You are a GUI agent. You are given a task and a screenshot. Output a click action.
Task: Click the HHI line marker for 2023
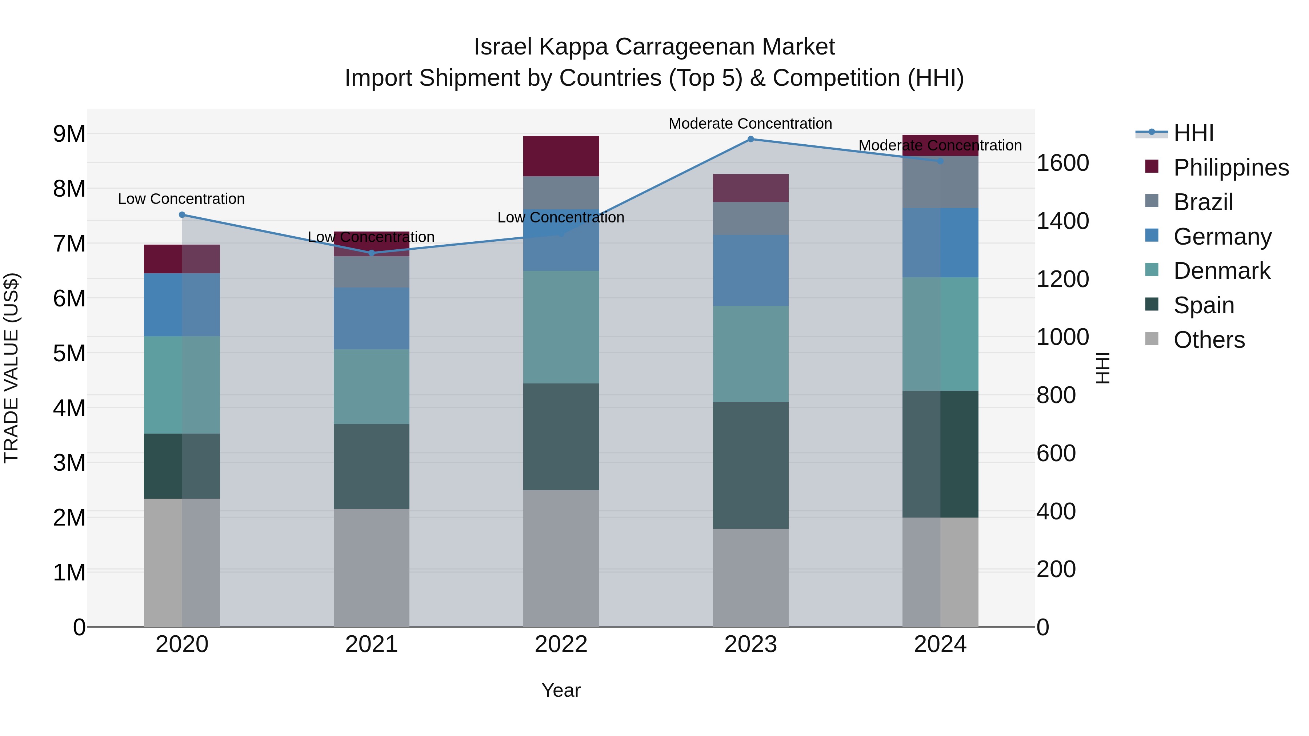click(x=750, y=139)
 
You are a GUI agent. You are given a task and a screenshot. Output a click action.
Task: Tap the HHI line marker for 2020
click(x=182, y=215)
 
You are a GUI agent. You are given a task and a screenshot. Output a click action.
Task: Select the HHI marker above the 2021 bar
click(x=372, y=253)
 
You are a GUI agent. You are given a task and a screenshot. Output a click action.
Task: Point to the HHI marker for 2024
click(x=940, y=161)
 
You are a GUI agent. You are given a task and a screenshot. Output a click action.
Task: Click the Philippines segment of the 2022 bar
click(x=561, y=156)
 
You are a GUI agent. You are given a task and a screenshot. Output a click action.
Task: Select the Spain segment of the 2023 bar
click(x=750, y=465)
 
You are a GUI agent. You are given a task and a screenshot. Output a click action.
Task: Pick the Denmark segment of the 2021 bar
click(x=372, y=387)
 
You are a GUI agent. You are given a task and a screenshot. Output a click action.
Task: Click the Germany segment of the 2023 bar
click(x=750, y=270)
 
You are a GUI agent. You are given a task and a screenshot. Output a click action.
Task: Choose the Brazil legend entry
click(x=1202, y=202)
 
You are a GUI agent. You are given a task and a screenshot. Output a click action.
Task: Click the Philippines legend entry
click(x=1230, y=168)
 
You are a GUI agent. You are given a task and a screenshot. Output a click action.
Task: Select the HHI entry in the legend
click(x=1193, y=133)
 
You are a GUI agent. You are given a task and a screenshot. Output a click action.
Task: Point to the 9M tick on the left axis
click(x=69, y=134)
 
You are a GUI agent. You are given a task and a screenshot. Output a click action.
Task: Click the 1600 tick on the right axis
click(x=1062, y=163)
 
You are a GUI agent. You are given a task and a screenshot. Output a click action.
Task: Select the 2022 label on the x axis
click(x=561, y=644)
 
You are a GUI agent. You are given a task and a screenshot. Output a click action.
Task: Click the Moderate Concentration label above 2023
click(x=750, y=124)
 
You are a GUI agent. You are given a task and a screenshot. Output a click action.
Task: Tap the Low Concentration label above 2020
click(x=181, y=198)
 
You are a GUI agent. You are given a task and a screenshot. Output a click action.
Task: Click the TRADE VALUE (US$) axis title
click(x=11, y=368)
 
